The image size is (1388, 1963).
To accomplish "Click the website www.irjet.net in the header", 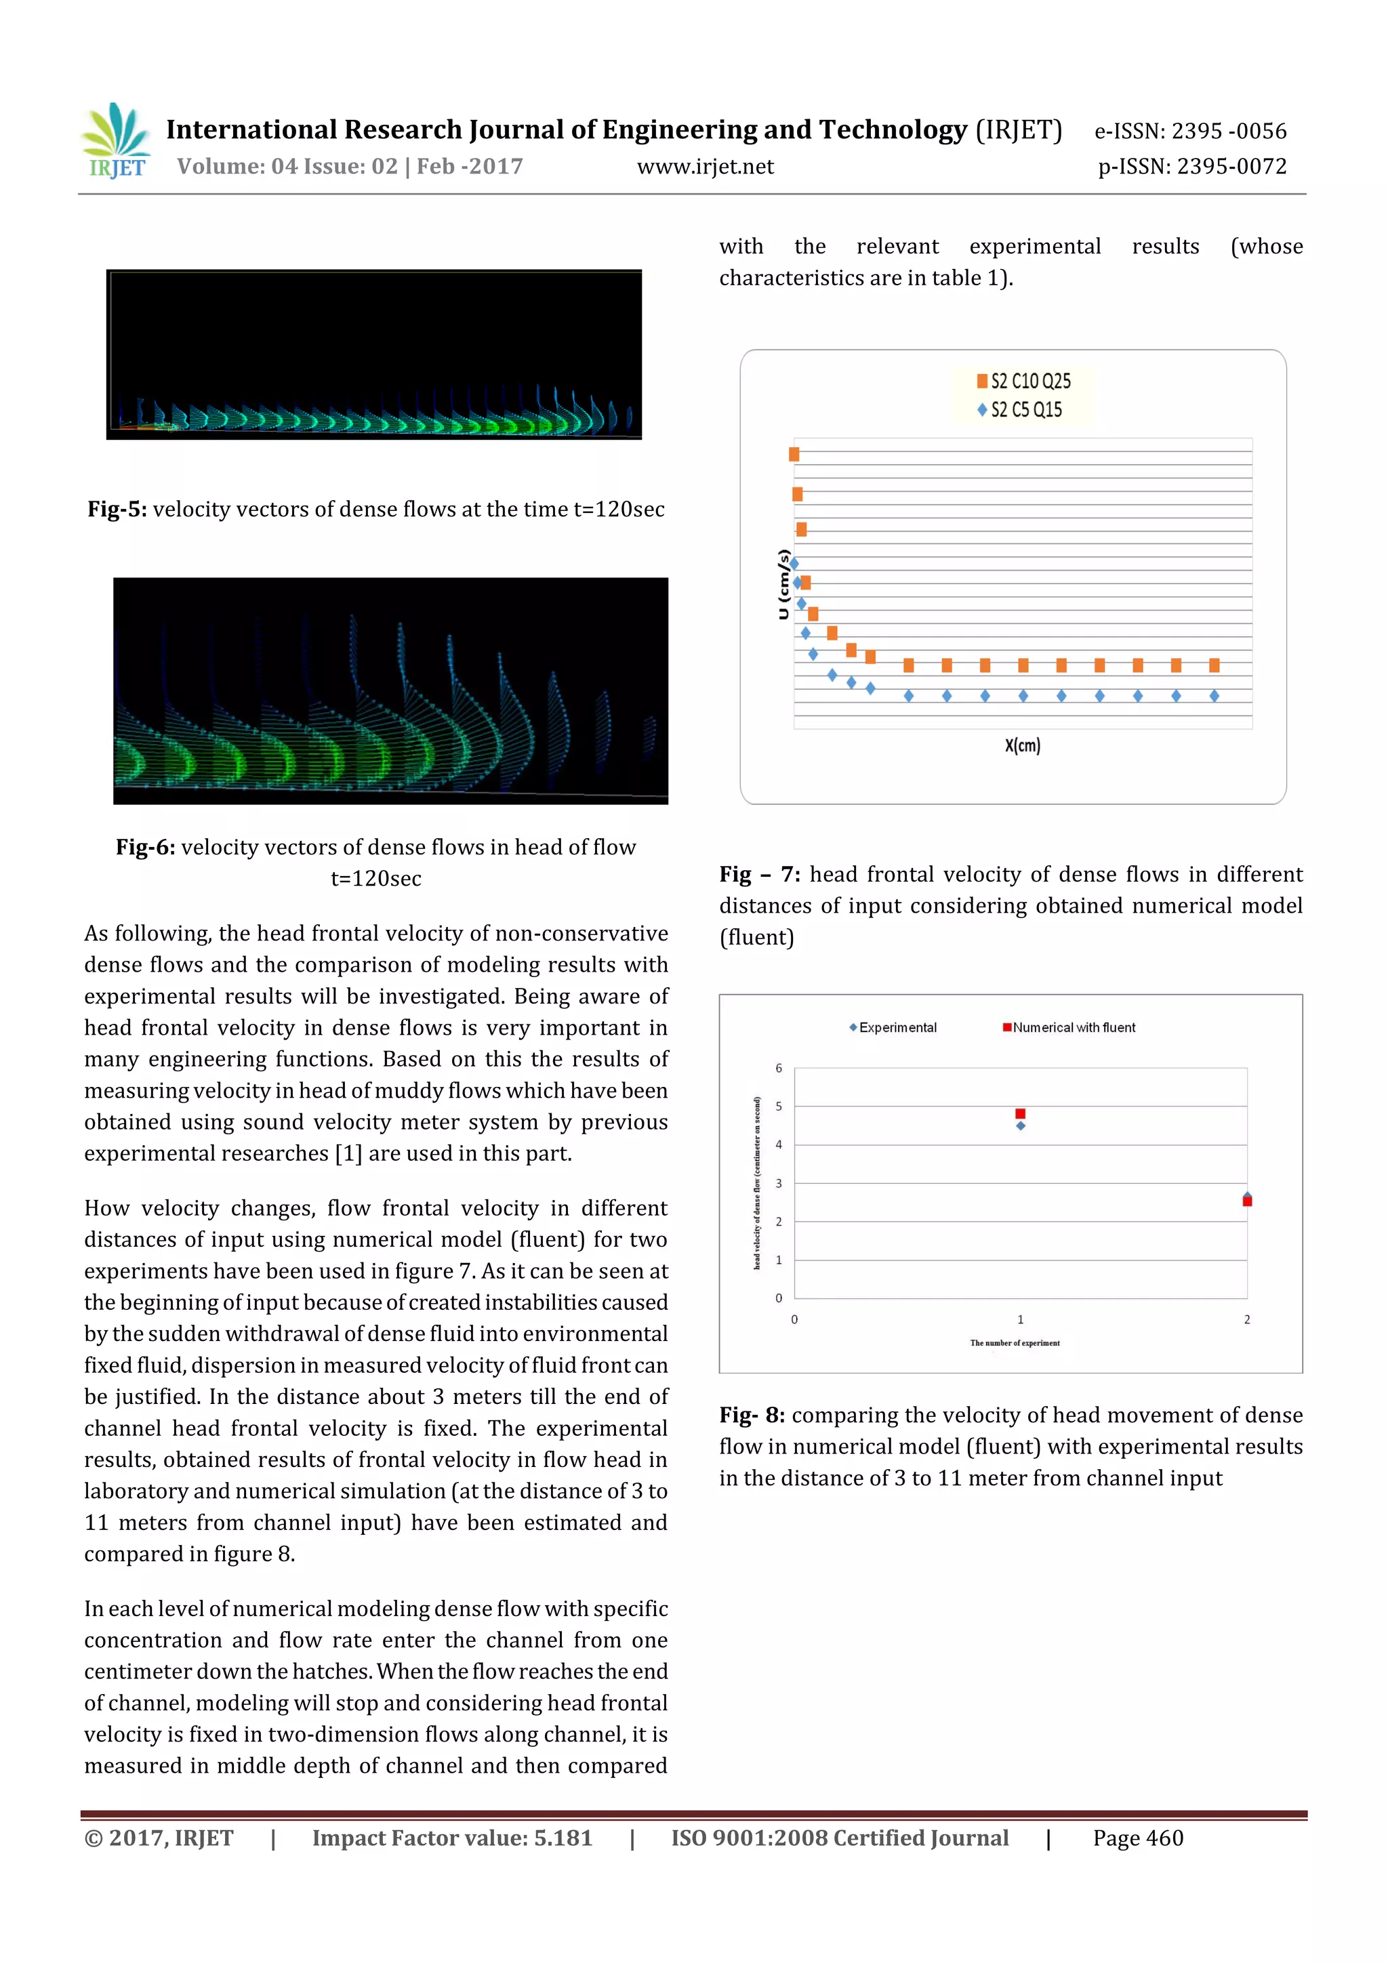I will click(705, 167).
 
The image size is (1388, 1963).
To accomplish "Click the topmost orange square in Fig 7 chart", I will click(794, 454).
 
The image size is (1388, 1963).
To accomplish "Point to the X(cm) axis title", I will click(1022, 745).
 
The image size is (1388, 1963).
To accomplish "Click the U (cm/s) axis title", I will click(783, 584).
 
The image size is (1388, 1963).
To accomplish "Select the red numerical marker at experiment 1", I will click(1020, 1113).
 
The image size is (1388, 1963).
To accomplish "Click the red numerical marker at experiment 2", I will click(1247, 1201).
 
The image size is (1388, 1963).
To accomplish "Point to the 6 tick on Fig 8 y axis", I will click(778, 1068).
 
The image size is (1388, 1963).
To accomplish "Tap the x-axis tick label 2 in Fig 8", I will click(1247, 1319).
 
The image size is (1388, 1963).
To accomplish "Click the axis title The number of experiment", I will click(1015, 1343).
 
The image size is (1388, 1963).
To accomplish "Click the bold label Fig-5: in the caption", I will click(117, 510).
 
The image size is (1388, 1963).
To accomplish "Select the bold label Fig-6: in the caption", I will click(146, 847).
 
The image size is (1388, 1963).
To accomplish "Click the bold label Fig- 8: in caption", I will click(752, 1415).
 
